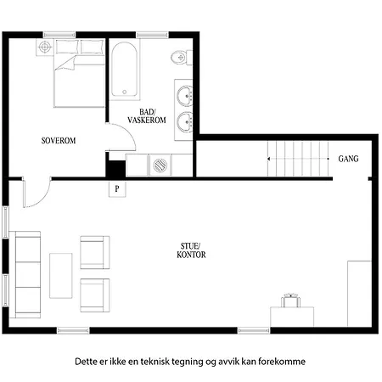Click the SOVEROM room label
coord(59,141)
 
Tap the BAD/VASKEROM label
coord(147,116)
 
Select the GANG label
coord(348,159)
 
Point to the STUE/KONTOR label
coord(191,250)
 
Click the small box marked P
coord(117,188)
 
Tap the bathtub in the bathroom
coord(125,70)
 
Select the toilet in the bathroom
coord(182,58)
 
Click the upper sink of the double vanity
coord(185,95)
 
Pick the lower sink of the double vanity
coord(185,121)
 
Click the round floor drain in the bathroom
coord(160,165)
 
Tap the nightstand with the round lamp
coord(45,47)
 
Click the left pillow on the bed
coord(67,47)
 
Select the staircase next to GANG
coord(298,159)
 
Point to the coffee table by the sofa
coord(61,276)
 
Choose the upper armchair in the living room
coord(95,252)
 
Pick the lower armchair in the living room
coord(95,295)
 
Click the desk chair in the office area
coord(291,301)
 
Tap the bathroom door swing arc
coord(128,132)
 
